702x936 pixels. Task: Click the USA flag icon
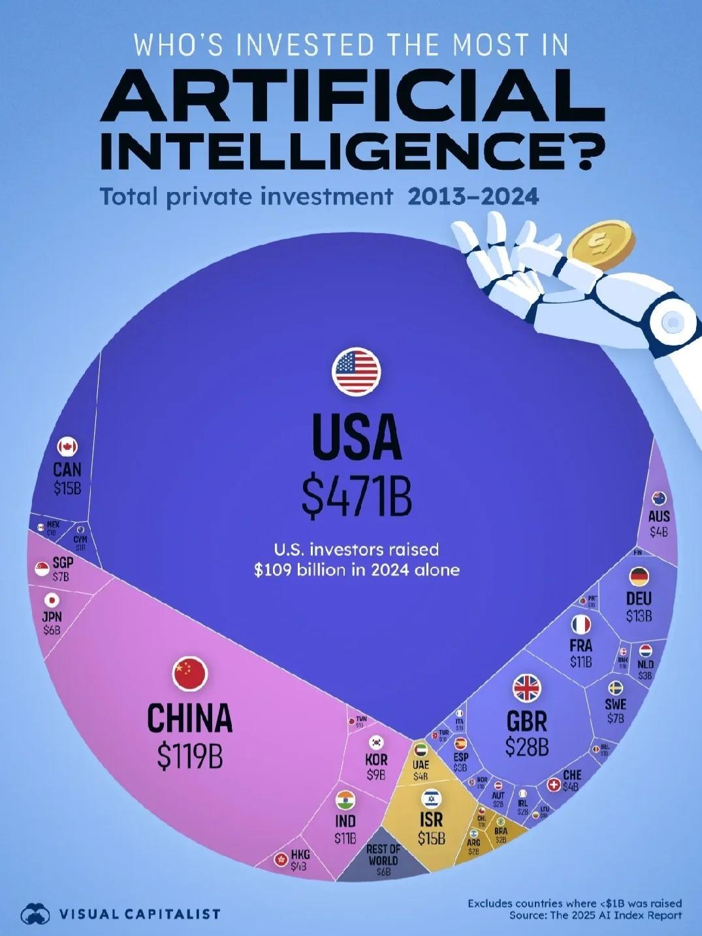pos(356,372)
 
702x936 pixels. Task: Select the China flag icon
pos(190,674)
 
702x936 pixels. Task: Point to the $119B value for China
pos(190,754)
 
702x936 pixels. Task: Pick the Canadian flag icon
pos(67,447)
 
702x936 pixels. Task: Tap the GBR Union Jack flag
pos(527,688)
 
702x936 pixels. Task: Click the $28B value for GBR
pos(527,746)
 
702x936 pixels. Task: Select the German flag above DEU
pos(639,577)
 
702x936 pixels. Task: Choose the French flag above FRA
pos(581,624)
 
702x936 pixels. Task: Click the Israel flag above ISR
pos(431,798)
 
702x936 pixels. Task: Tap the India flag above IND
pos(345,799)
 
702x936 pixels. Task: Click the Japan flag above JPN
pos(52,600)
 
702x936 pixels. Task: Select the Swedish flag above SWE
pos(615,688)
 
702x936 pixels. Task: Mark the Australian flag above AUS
pos(659,498)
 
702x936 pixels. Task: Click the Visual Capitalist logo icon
pos(35,913)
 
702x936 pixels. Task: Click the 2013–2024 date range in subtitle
pos(473,196)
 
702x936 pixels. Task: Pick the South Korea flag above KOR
pos(376,742)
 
